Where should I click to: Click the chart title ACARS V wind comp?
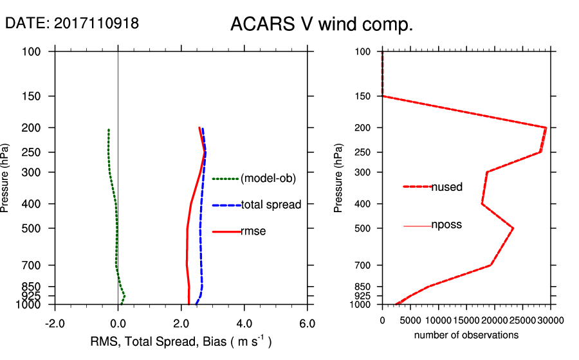pyautogui.click(x=321, y=25)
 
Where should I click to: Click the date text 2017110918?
pyautogui.click(x=96, y=23)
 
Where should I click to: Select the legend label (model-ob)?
pyautogui.click(x=268, y=179)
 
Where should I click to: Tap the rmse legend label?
pyautogui.click(x=253, y=231)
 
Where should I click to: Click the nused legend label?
pyautogui.click(x=447, y=187)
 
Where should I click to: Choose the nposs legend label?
pyautogui.click(x=446, y=225)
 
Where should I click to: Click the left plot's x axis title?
pyautogui.click(x=179, y=341)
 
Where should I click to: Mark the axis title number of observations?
pyautogui.click(x=466, y=335)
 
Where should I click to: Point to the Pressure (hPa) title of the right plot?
pyautogui.click(x=338, y=177)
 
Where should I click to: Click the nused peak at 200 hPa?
pyautogui.click(x=546, y=128)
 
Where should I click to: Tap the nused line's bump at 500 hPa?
pyautogui.click(x=513, y=228)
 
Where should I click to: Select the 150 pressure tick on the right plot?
pyautogui.click(x=363, y=96)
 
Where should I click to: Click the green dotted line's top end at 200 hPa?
pyautogui.click(x=109, y=130)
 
